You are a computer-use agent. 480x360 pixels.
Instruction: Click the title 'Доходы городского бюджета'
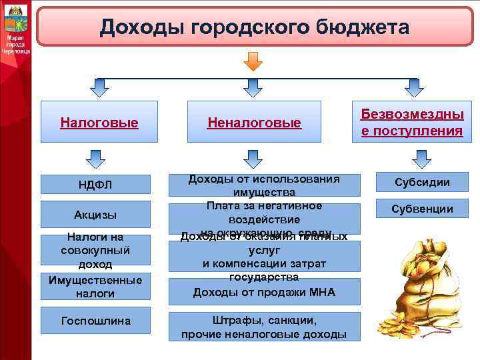point(255,27)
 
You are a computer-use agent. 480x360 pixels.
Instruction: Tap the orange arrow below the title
point(254,61)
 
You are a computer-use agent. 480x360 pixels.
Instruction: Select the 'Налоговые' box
point(99,122)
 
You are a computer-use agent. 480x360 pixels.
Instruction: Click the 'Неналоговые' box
point(254,122)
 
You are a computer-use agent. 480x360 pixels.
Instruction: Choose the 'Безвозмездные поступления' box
point(412,122)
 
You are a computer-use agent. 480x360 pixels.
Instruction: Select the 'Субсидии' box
point(421,182)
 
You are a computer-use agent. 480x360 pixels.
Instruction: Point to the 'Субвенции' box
point(421,209)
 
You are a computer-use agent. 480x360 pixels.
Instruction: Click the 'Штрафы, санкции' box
point(264,326)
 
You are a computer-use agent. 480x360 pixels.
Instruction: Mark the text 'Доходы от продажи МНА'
point(264,292)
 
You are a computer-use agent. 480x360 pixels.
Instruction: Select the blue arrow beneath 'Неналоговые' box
point(253,159)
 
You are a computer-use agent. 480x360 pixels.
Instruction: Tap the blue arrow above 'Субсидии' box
point(421,159)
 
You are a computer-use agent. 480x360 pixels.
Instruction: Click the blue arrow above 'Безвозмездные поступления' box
point(414,87)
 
